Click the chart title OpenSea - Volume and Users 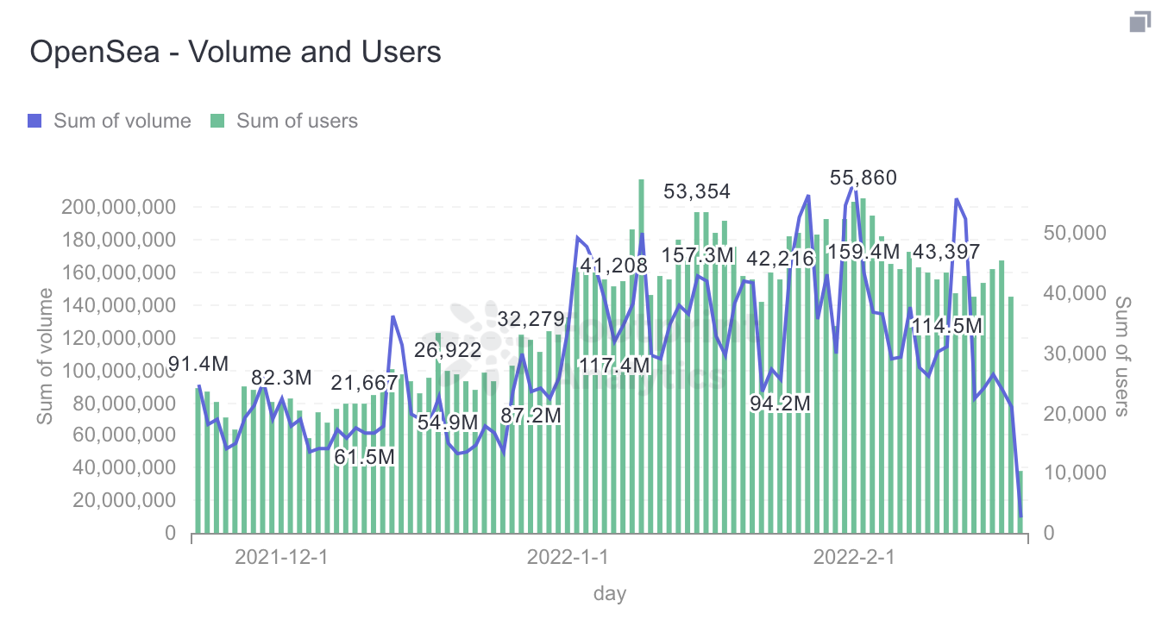click(235, 52)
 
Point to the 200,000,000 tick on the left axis click(118, 207)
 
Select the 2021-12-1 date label click(281, 557)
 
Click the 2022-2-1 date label click(854, 557)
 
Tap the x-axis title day click(610, 593)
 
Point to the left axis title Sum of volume click(44, 356)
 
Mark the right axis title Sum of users click(1122, 356)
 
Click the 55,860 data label click(863, 178)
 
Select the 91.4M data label click(198, 364)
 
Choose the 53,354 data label click(697, 191)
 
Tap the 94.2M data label click(780, 403)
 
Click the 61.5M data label click(364, 456)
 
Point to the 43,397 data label click(946, 253)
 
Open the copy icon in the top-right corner click(1140, 22)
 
